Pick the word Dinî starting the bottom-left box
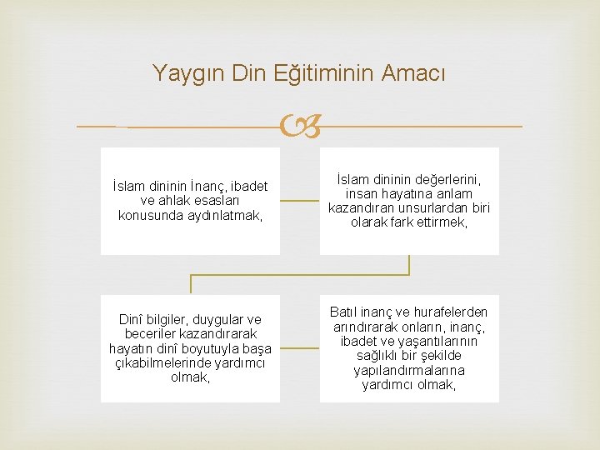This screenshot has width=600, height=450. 132,319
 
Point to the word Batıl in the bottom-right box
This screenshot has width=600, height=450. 344,312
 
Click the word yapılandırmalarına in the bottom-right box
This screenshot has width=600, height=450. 409,370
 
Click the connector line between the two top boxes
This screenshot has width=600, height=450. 299,201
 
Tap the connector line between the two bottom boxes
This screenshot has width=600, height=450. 299,348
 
